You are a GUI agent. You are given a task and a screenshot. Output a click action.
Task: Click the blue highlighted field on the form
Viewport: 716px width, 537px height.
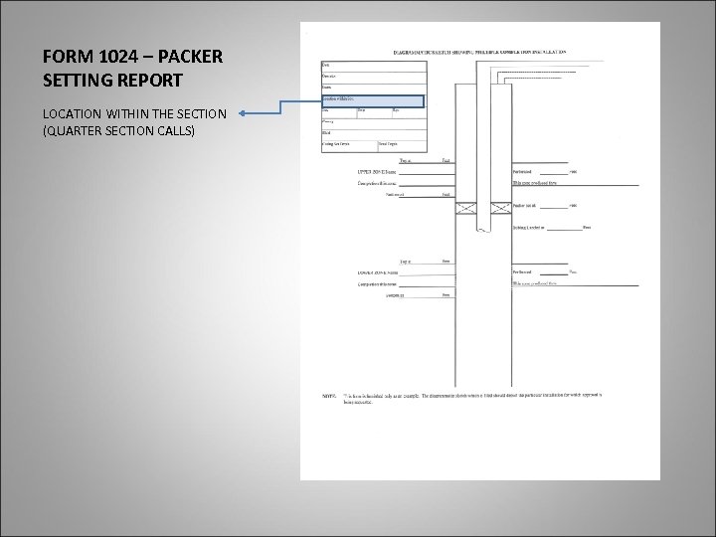[372, 100]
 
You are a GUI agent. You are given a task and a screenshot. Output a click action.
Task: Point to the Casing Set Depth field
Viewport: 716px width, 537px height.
[337, 144]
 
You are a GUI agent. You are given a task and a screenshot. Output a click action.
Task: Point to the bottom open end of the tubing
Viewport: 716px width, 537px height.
[481, 231]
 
